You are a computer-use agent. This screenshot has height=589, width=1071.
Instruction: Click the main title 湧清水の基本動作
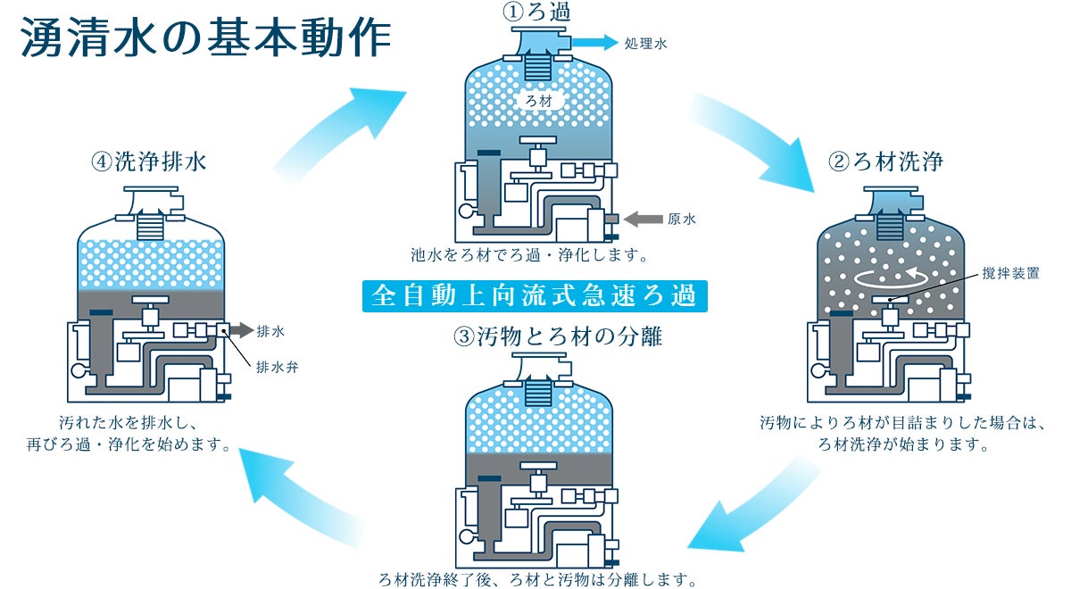pyautogui.click(x=206, y=37)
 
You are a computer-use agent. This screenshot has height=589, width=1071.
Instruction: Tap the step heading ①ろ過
pyautogui.click(x=537, y=12)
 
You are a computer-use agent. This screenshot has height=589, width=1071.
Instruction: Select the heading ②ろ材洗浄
pyautogui.click(x=885, y=162)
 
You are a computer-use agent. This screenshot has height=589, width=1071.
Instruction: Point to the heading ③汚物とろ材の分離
pyautogui.click(x=558, y=336)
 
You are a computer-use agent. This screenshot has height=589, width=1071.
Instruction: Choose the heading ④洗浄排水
pyautogui.click(x=149, y=162)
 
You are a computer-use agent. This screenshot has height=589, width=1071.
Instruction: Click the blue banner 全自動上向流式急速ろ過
pyautogui.click(x=535, y=296)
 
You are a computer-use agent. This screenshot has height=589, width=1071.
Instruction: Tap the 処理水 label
pyautogui.click(x=645, y=44)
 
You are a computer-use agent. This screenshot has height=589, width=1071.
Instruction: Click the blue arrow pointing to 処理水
pyautogui.click(x=595, y=43)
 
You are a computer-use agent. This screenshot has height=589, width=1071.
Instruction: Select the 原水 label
pyautogui.click(x=682, y=219)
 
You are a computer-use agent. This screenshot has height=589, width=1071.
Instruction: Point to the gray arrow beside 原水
pyautogui.click(x=643, y=219)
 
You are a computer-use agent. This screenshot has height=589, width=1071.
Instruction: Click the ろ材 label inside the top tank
pyautogui.click(x=539, y=101)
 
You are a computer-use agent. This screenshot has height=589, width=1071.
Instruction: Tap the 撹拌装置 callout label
pyautogui.click(x=1010, y=273)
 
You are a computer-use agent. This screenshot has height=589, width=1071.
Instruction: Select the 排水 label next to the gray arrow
pyautogui.click(x=270, y=331)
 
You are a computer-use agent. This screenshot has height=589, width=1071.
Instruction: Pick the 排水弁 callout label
pyautogui.click(x=277, y=367)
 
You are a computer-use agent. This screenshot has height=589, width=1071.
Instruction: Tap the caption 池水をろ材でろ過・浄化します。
pyautogui.click(x=529, y=255)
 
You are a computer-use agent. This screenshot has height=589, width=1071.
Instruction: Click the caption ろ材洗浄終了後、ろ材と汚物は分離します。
pyautogui.click(x=537, y=580)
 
